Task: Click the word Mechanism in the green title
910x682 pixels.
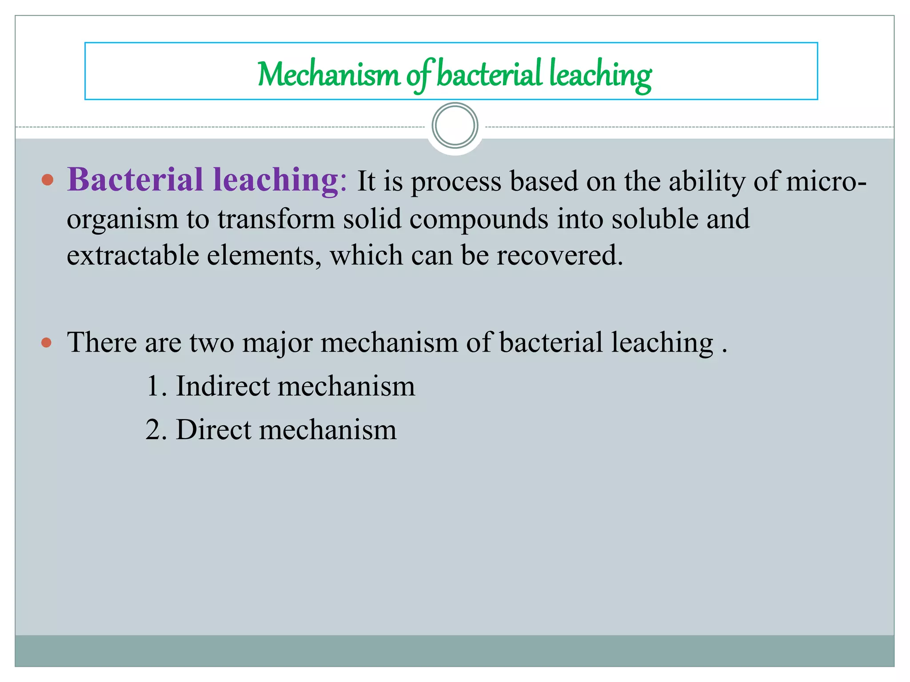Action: click(328, 74)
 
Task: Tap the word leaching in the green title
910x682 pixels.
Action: click(600, 74)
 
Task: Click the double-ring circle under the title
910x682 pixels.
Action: click(455, 126)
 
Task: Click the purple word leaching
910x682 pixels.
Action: click(276, 180)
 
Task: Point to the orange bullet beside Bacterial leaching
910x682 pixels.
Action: click(47, 180)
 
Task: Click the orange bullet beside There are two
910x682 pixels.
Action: click(47, 343)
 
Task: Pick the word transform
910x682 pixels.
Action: click(276, 219)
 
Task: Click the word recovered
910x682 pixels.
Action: click(559, 256)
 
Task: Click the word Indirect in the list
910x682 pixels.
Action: click(223, 386)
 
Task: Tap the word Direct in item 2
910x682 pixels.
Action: click(214, 430)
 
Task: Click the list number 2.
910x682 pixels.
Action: click(153, 430)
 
